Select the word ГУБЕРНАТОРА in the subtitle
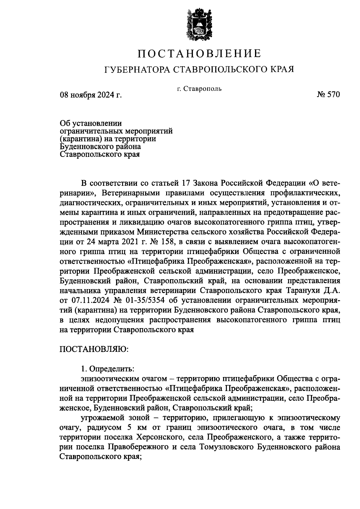pos(136,69)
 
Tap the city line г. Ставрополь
pos(199,89)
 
